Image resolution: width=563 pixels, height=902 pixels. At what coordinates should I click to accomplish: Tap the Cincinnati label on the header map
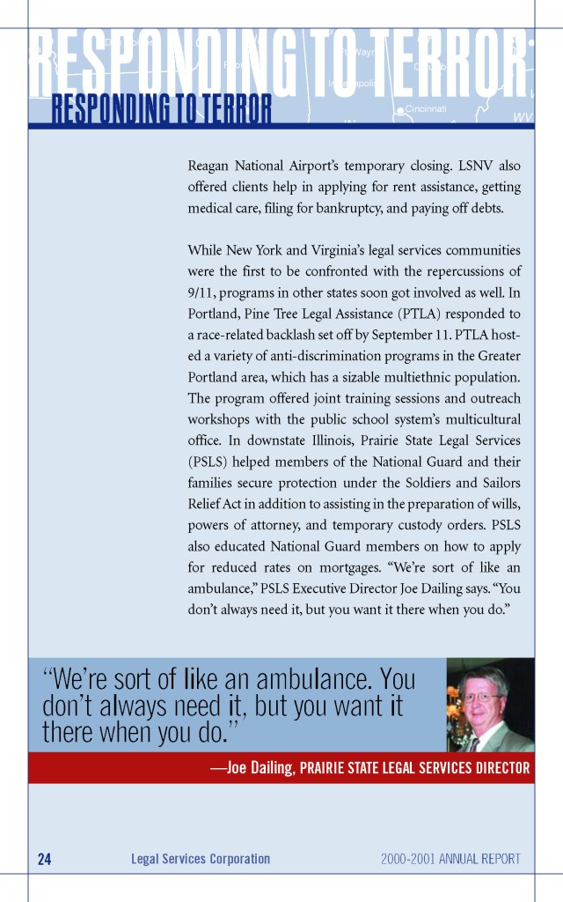pyautogui.click(x=426, y=109)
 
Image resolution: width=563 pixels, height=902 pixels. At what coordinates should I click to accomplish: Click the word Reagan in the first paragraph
pyautogui.click(x=209, y=165)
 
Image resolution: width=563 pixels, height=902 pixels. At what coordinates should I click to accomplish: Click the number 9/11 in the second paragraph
pyautogui.click(x=203, y=293)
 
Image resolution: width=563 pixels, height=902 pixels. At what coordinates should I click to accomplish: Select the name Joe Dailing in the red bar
pyautogui.click(x=259, y=768)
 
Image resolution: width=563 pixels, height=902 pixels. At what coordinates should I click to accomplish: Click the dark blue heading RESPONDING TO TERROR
pyautogui.click(x=161, y=109)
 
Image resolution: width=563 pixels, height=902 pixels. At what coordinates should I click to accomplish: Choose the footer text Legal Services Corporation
pyautogui.click(x=201, y=859)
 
